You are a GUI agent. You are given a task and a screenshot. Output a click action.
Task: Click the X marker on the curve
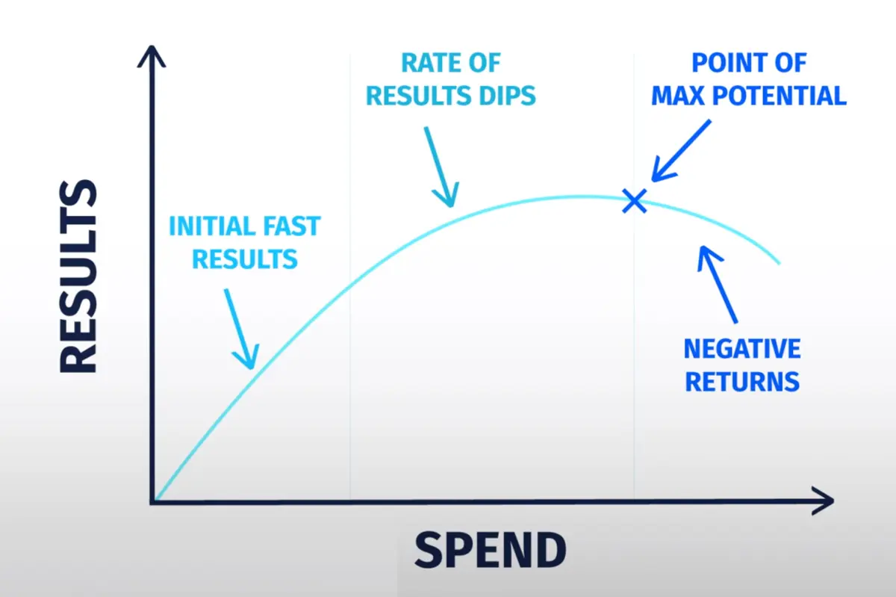click(635, 200)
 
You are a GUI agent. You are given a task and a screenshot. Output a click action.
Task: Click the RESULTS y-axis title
click(78, 276)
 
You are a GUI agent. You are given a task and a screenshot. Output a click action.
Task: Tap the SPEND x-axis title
click(491, 550)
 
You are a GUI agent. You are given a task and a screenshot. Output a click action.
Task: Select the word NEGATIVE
click(742, 349)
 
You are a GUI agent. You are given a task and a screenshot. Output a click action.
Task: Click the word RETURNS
click(742, 382)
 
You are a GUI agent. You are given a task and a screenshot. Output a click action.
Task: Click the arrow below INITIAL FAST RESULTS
click(241, 328)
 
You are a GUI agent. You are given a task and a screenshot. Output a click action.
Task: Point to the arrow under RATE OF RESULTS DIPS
click(441, 167)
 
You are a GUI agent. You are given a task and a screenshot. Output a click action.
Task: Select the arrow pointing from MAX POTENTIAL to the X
click(682, 150)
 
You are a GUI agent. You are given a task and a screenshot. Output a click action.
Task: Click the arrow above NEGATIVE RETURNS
click(718, 284)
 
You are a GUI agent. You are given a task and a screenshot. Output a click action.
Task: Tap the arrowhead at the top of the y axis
click(152, 56)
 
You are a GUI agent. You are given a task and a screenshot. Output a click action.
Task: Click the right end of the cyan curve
click(780, 264)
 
